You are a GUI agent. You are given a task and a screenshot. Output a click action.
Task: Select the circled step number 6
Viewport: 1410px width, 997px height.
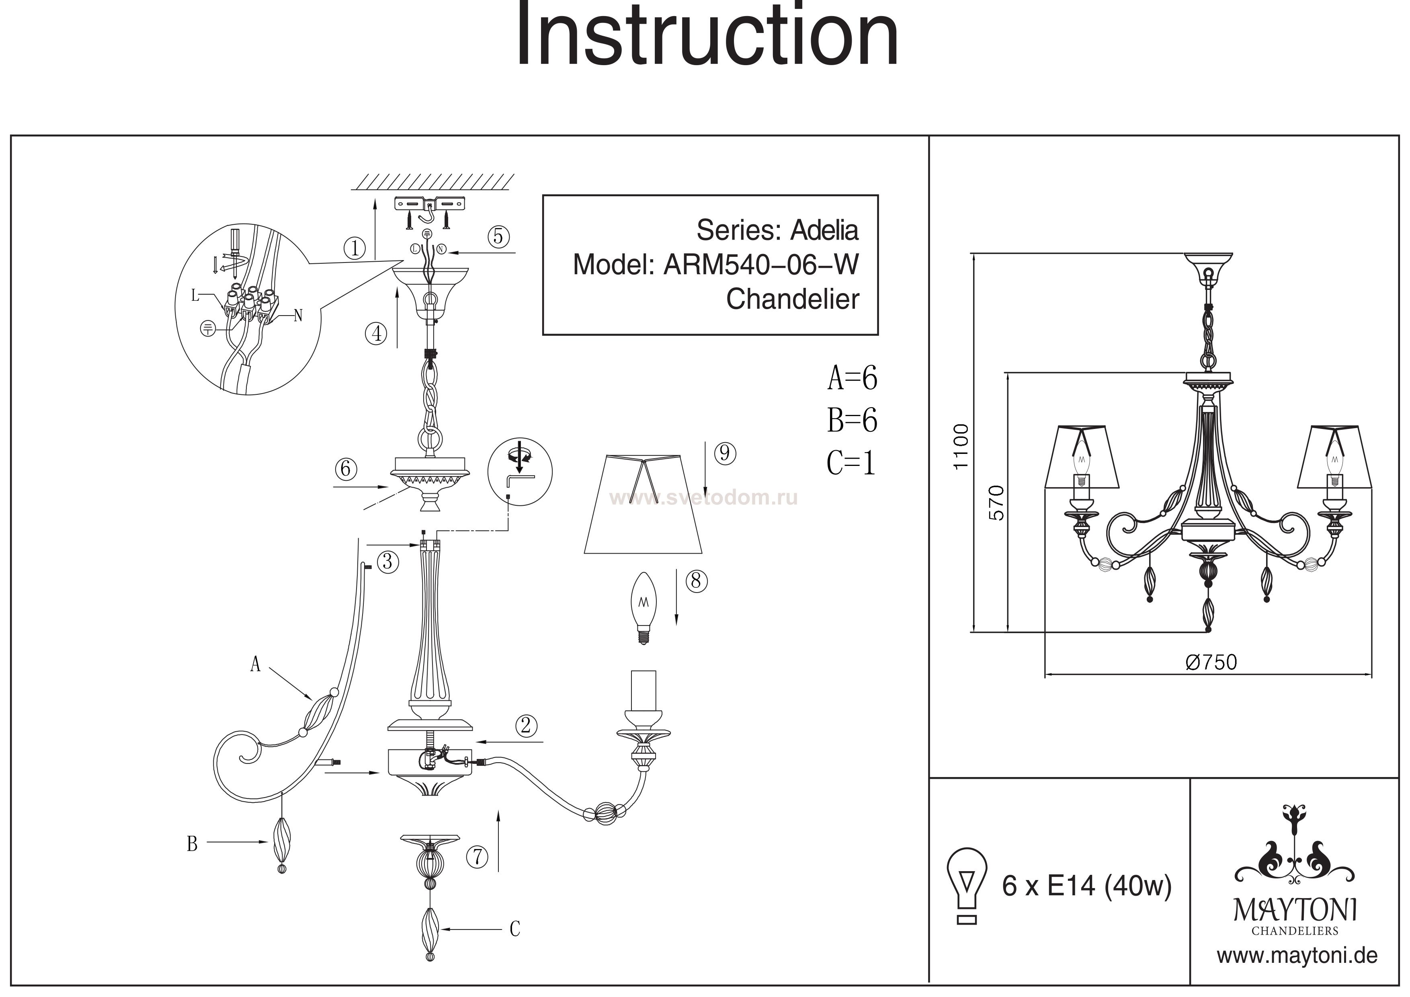click(346, 469)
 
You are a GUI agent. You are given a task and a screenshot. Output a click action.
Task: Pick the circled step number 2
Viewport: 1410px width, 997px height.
click(526, 726)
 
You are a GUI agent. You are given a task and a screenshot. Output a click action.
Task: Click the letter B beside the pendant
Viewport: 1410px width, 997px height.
click(192, 844)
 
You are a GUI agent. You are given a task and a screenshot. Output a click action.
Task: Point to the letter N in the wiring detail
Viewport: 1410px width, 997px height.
click(298, 316)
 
